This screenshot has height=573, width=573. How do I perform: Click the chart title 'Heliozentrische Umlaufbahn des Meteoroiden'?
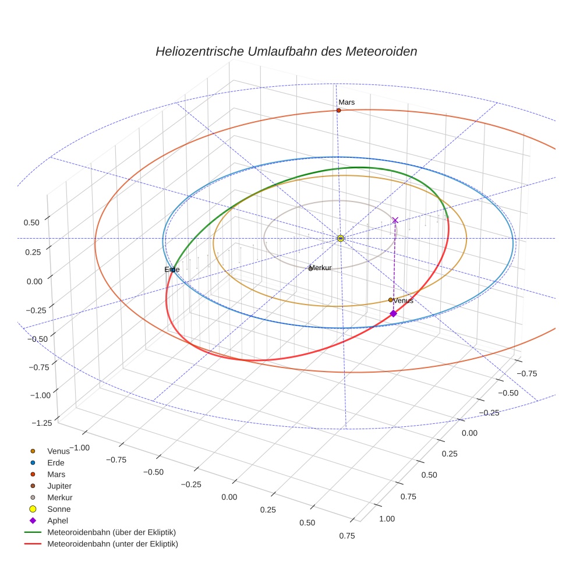tap(286, 51)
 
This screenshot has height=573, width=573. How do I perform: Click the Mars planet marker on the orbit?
tap(338, 110)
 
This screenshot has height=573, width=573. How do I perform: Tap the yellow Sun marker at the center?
tap(341, 238)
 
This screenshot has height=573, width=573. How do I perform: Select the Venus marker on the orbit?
tap(390, 300)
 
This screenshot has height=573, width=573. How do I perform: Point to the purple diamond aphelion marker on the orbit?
tap(393, 313)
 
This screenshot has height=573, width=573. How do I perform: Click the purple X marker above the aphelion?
tap(395, 220)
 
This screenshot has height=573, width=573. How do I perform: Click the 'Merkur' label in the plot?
tap(320, 268)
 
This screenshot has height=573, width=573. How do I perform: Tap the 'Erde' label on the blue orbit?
tap(172, 270)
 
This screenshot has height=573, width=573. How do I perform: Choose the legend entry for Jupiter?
tap(59, 486)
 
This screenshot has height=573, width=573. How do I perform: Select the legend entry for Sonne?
tap(59, 509)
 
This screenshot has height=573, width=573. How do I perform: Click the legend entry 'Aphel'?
tap(58, 521)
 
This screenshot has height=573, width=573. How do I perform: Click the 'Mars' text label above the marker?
tap(346, 102)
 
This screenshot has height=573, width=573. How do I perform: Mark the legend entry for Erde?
tap(55, 462)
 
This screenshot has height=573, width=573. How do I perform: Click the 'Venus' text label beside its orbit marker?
tap(404, 300)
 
